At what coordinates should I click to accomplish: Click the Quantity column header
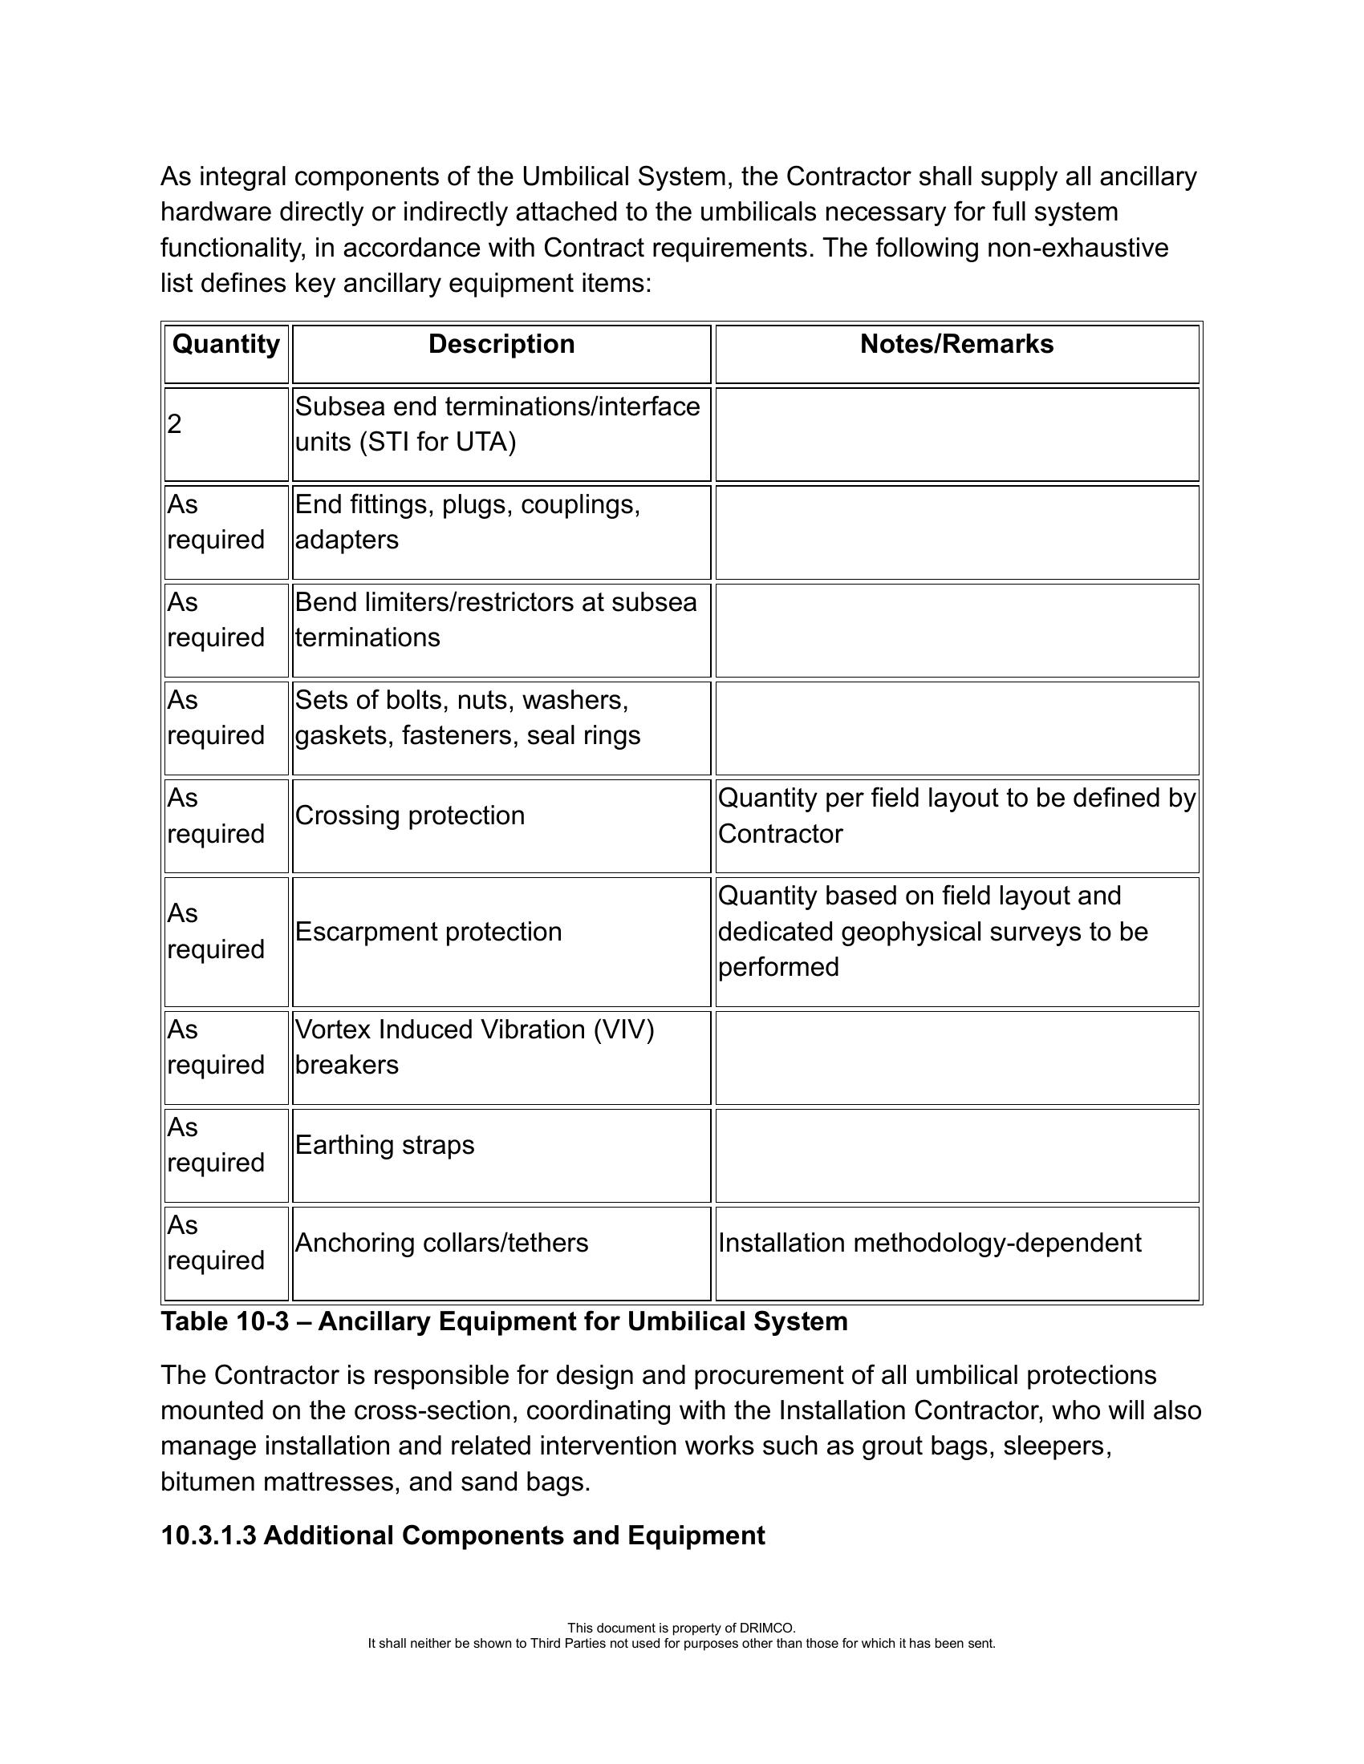tap(225, 345)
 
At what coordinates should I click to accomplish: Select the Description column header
tap(501, 345)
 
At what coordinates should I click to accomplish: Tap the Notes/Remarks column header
tap(956, 345)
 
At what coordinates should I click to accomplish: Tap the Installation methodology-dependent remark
tap(929, 1243)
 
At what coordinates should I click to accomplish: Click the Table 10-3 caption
tap(504, 1321)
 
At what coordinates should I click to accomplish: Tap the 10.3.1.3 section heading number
tap(209, 1535)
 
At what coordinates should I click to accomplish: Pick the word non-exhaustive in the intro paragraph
tap(1077, 248)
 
